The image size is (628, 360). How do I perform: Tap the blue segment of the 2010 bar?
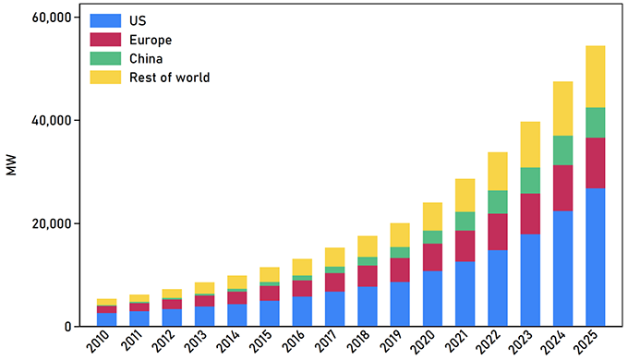point(107,319)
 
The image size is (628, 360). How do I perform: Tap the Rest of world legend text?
point(170,78)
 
